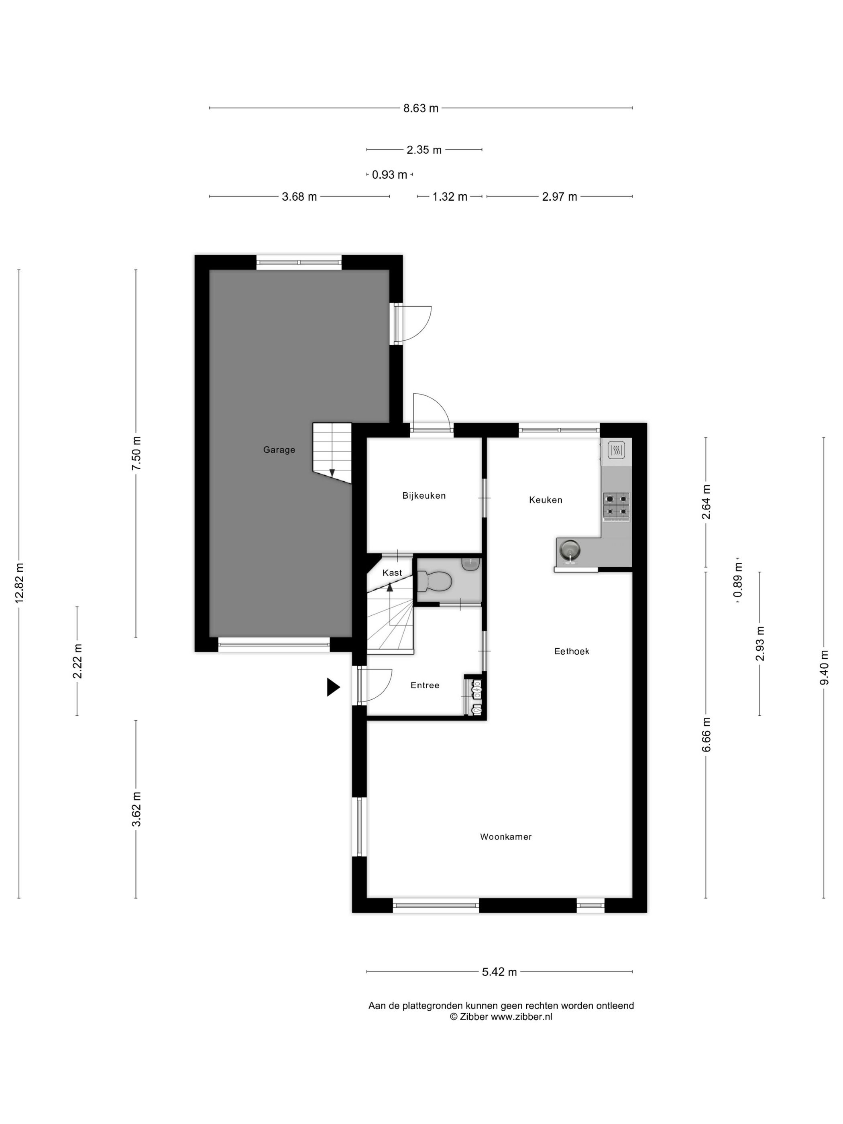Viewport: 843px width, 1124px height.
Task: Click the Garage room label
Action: coord(279,450)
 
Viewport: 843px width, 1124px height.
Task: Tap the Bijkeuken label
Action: coord(424,495)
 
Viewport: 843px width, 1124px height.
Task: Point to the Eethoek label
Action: coord(572,651)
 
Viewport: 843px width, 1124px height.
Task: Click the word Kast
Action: coord(392,573)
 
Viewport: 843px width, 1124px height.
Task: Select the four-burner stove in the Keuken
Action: coord(616,505)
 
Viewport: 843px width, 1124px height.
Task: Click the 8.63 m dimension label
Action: coord(421,108)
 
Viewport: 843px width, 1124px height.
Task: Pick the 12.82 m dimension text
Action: coord(19,583)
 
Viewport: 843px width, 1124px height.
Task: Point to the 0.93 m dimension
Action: coord(389,175)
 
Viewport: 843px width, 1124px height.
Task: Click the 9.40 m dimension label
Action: coord(824,667)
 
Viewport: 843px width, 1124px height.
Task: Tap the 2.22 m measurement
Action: coord(77,661)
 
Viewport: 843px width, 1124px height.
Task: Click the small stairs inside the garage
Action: coord(332,452)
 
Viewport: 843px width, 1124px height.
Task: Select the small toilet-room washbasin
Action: coord(470,564)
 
